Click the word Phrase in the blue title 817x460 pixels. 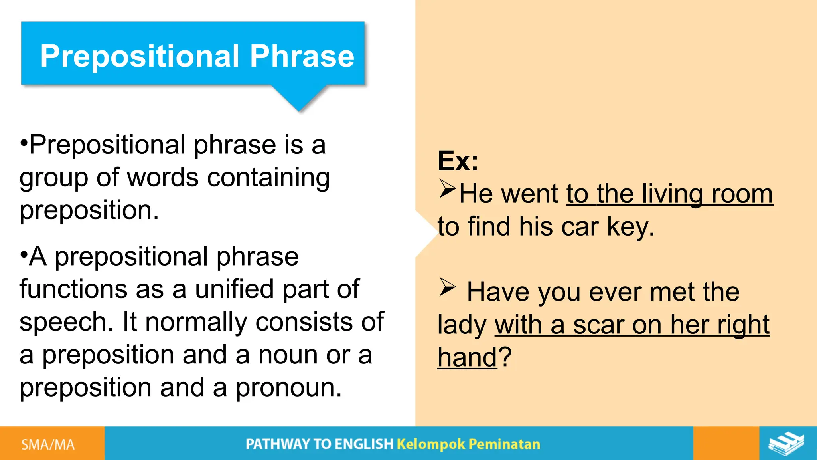[x=302, y=56]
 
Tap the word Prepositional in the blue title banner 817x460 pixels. [x=140, y=56]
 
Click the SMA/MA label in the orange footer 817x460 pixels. [x=48, y=444]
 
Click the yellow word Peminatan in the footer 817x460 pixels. [x=504, y=444]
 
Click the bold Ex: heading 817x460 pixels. [x=458, y=161]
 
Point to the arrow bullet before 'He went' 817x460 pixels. [x=447, y=189]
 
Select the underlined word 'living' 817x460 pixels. [x=672, y=194]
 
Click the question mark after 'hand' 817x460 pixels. [x=505, y=356]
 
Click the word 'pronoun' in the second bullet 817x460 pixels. [x=288, y=388]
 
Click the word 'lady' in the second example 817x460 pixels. [x=462, y=325]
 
